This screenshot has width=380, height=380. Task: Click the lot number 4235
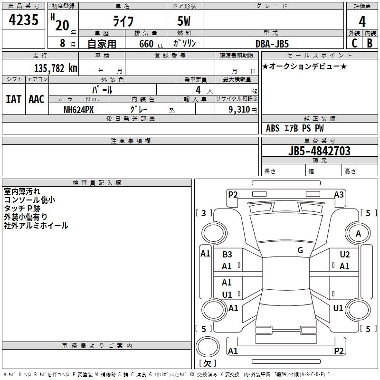[24, 21]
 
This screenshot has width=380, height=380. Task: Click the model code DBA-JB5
[273, 43]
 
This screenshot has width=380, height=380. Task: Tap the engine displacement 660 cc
[143, 44]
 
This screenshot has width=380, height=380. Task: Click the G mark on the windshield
[300, 250]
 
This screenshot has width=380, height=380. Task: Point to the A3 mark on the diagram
[339, 194]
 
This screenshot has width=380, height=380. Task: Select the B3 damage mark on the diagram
[227, 255]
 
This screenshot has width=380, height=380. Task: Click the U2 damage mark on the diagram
[344, 255]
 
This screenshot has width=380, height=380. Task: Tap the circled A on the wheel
[358, 234]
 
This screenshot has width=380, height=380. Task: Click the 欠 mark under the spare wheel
[207, 363]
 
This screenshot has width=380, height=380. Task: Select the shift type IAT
[13, 99]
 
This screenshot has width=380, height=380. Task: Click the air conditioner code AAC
[37, 99]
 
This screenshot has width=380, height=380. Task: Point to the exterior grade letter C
[354, 43]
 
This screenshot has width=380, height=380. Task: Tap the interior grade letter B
[370, 43]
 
